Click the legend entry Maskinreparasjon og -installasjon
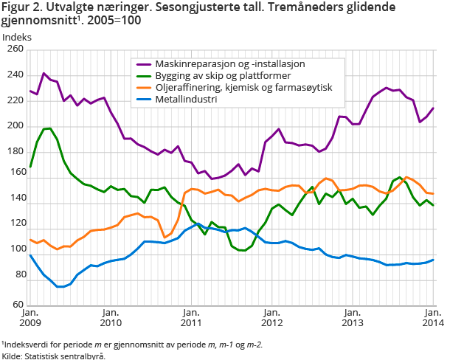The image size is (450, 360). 232,64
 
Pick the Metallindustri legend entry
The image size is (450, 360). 192,100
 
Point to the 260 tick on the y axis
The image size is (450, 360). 15,49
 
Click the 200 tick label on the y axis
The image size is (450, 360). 15,126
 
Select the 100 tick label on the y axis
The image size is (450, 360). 15,253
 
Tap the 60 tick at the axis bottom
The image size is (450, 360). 17,304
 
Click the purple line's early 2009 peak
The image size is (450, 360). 44,74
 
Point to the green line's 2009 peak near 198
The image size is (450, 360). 47,128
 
